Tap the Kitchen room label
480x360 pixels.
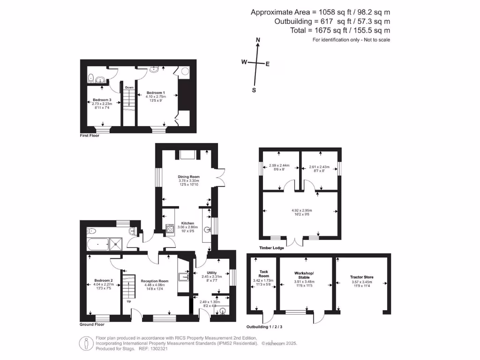[188, 223]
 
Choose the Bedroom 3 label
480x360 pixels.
[102, 100]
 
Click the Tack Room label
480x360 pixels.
[264, 274]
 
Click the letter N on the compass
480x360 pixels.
[257, 41]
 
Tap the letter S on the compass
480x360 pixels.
[254, 90]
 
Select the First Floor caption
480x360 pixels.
[90, 135]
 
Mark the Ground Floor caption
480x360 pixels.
[92, 324]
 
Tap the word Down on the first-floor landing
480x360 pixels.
[129, 88]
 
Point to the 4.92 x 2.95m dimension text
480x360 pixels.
[302, 210]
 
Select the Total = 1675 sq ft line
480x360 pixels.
[340, 30]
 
